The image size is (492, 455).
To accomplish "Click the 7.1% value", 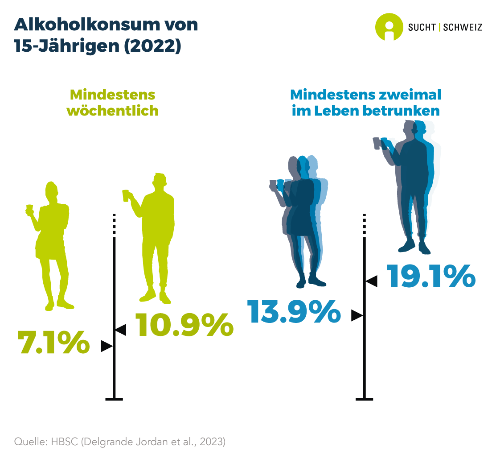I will pyautogui.click(x=53, y=343).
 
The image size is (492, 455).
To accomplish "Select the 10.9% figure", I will pyautogui.click(x=184, y=324).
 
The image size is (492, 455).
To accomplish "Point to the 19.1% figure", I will pyautogui.click(x=430, y=276).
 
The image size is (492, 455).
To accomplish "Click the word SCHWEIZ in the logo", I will pyautogui.click(x=463, y=27).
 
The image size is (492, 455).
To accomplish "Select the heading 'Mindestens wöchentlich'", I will pyautogui.click(x=113, y=103).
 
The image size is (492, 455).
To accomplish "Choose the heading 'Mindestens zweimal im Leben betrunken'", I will pyautogui.click(x=365, y=103).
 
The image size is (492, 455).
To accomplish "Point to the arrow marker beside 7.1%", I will pyautogui.click(x=107, y=346).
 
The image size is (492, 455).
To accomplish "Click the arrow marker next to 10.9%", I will pyautogui.click(x=121, y=330).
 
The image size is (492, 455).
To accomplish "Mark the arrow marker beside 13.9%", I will pyautogui.click(x=357, y=315).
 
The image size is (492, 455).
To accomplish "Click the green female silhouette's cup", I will pyautogui.click(x=30, y=208).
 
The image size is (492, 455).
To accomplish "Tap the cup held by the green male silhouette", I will pyautogui.click(x=126, y=195).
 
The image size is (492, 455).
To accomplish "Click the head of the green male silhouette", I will pyautogui.click(x=159, y=182).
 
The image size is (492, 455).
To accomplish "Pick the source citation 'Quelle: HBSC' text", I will pyautogui.click(x=48, y=442).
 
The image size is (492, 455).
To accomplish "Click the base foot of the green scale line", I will pyautogui.click(x=114, y=398).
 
